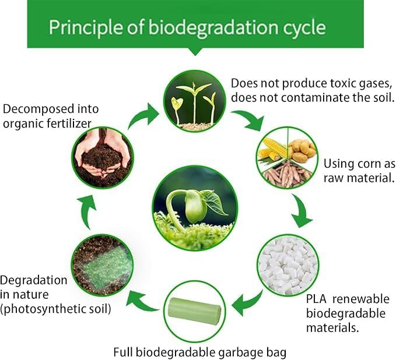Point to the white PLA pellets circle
coord(287,264)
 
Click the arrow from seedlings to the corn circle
coord(252,121)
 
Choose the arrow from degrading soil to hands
coord(87,212)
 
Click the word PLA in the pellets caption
coord(316,299)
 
